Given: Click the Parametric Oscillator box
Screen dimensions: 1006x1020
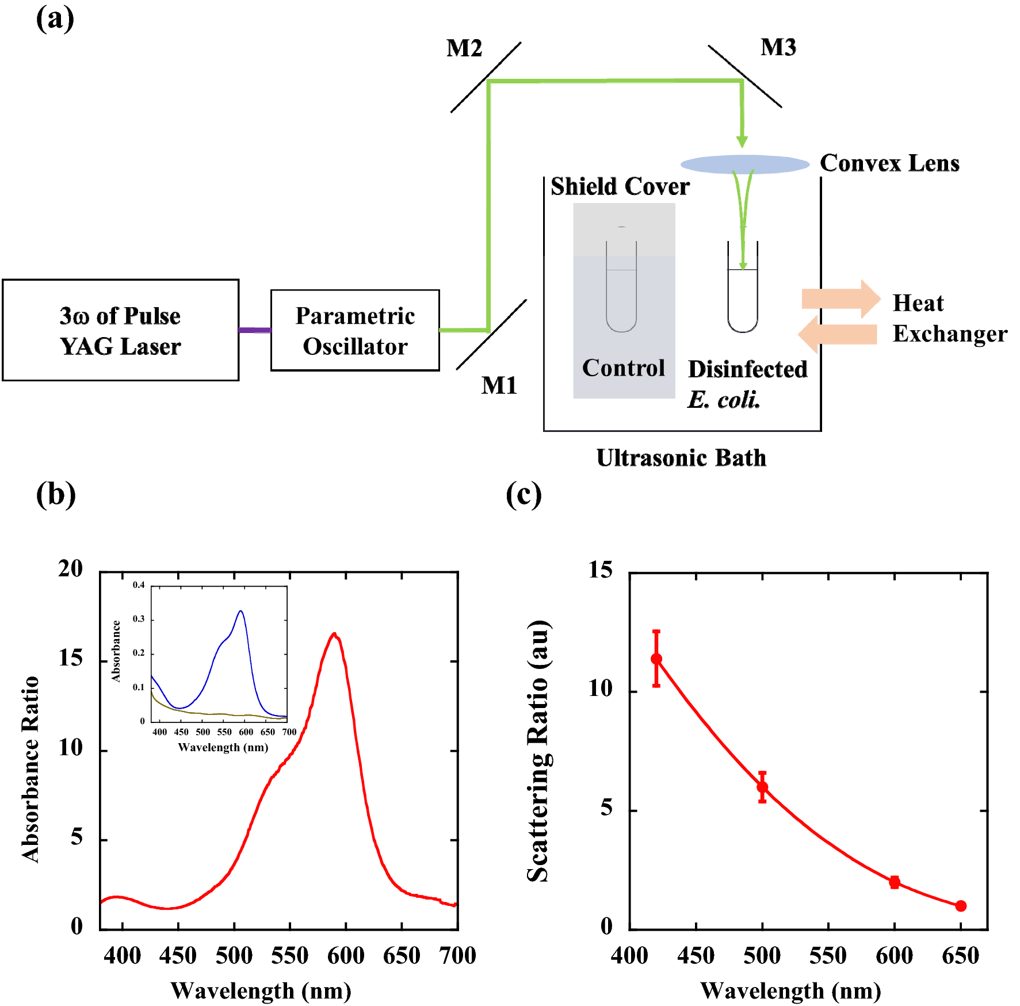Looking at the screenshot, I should coord(355,330).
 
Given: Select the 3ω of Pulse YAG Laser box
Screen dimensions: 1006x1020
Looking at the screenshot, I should coord(120,330).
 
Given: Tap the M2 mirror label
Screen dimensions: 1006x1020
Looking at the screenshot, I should coord(464,48).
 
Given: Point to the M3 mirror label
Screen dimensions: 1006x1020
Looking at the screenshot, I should coord(778,47).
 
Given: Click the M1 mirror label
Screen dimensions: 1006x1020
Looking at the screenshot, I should coord(499,385).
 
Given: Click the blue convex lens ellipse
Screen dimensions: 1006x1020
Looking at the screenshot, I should coord(745,164).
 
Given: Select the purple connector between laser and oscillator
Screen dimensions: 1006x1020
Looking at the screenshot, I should coord(254,330).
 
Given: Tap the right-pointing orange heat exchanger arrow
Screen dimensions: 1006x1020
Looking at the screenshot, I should coord(841,299).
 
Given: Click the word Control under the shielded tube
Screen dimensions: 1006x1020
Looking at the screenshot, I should coord(623,368).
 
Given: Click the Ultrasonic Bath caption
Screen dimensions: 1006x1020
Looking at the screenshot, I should coord(681,458).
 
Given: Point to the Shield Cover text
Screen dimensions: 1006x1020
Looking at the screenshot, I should coord(620,186).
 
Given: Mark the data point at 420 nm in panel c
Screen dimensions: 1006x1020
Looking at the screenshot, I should coord(656,659).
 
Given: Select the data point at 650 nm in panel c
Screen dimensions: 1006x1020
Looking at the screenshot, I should coord(960,906).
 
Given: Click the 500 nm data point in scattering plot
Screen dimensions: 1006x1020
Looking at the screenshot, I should coord(762,787).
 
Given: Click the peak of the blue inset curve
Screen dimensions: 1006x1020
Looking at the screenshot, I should coord(240,611).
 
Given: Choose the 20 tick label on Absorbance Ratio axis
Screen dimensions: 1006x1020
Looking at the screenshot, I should coord(70,568).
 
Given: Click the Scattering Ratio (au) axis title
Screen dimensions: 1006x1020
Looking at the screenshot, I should coord(538,751).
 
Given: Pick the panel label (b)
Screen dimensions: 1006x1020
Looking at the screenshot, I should coord(55,495).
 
